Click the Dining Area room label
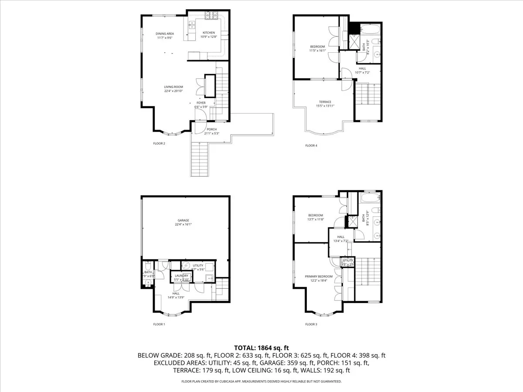[165, 34]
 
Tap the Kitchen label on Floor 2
[208, 33]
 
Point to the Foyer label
[200, 103]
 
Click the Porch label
[212, 129]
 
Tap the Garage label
[183, 220]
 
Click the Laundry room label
[181, 275]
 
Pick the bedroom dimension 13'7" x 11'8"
[316, 220]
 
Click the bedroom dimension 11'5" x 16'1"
[317, 51]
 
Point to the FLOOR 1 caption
[159, 324]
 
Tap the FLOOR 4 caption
[311, 145]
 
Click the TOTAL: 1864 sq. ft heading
[261, 348]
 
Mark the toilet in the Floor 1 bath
[148, 266]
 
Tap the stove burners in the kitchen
[211, 16]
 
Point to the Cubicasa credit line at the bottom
[261, 381]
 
